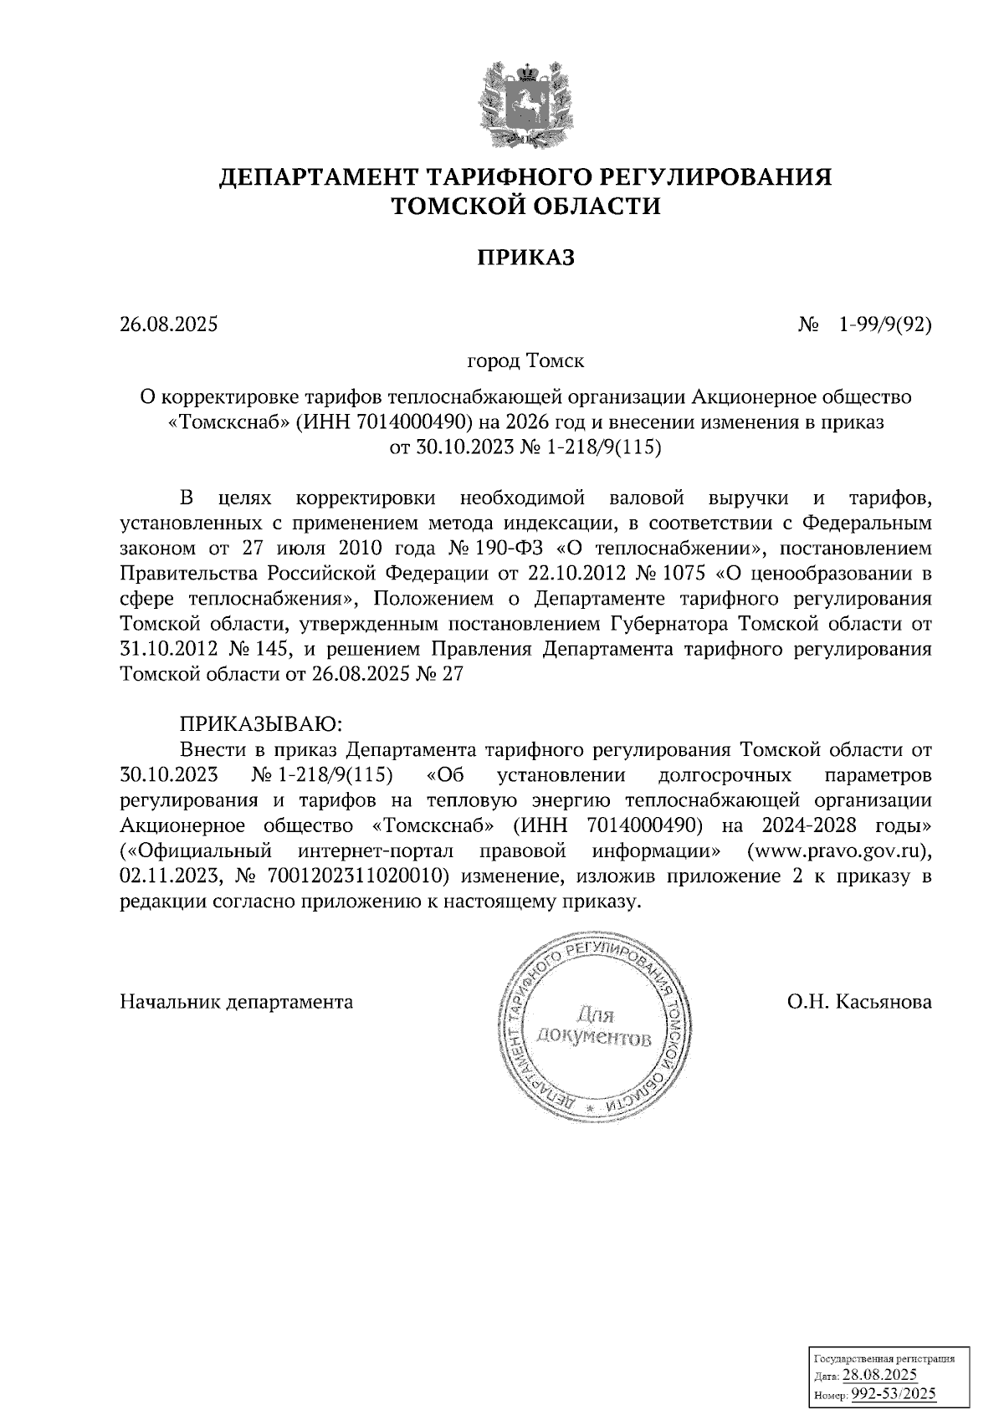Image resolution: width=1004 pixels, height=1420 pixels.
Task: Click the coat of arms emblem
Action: click(525, 104)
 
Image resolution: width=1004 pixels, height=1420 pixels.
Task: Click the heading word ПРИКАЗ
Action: click(525, 258)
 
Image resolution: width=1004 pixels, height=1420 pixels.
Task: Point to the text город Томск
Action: click(525, 362)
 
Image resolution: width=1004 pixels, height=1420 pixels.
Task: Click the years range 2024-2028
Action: click(809, 825)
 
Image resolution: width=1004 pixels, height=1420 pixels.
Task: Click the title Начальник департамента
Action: click(237, 1001)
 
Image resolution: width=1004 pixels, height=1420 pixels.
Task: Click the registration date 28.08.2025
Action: click(879, 1376)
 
